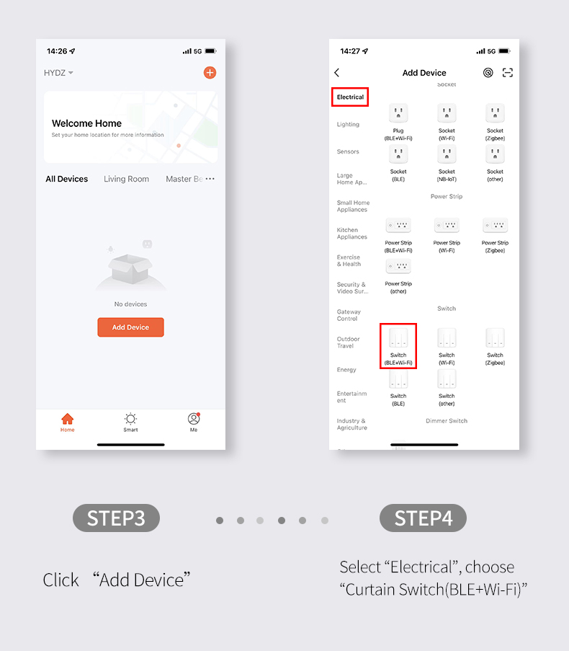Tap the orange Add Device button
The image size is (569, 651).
(130, 327)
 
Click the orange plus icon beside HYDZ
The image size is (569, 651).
(210, 72)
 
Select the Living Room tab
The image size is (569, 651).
(126, 179)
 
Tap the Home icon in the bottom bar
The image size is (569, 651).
(67, 421)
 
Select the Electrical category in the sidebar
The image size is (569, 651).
(350, 97)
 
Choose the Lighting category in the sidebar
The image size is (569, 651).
(348, 124)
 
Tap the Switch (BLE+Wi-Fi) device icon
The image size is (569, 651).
(398, 339)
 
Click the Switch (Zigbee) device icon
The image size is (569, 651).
(495, 339)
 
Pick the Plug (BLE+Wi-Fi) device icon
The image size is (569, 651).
(398, 114)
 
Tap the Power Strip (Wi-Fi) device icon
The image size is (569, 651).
(447, 226)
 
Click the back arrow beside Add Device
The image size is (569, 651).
(337, 73)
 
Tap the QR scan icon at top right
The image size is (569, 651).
(508, 73)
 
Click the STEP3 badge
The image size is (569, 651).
(116, 518)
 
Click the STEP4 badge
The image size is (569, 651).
(423, 518)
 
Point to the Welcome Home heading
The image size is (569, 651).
(86, 123)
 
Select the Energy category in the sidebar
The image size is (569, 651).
(346, 370)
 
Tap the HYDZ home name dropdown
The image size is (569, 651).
(58, 73)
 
